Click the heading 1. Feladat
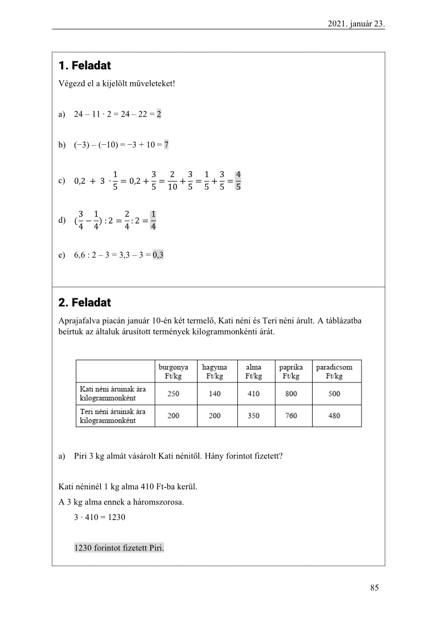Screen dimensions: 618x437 point(84,66)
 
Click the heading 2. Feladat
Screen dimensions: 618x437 point(84,303)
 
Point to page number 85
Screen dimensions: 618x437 point(374,588)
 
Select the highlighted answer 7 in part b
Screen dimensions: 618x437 point(166,145)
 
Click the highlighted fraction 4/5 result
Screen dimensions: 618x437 point(238,181)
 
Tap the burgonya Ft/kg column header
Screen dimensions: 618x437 point(173,371)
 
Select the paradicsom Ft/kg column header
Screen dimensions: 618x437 point(334,371)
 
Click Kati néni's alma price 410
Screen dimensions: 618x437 point(253,394)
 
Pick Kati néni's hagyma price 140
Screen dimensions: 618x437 point(215,394)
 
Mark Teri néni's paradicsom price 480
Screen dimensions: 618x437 point(334,416)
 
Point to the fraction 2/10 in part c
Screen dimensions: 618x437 point(172,181)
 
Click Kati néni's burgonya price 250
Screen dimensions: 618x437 point(173,394)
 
